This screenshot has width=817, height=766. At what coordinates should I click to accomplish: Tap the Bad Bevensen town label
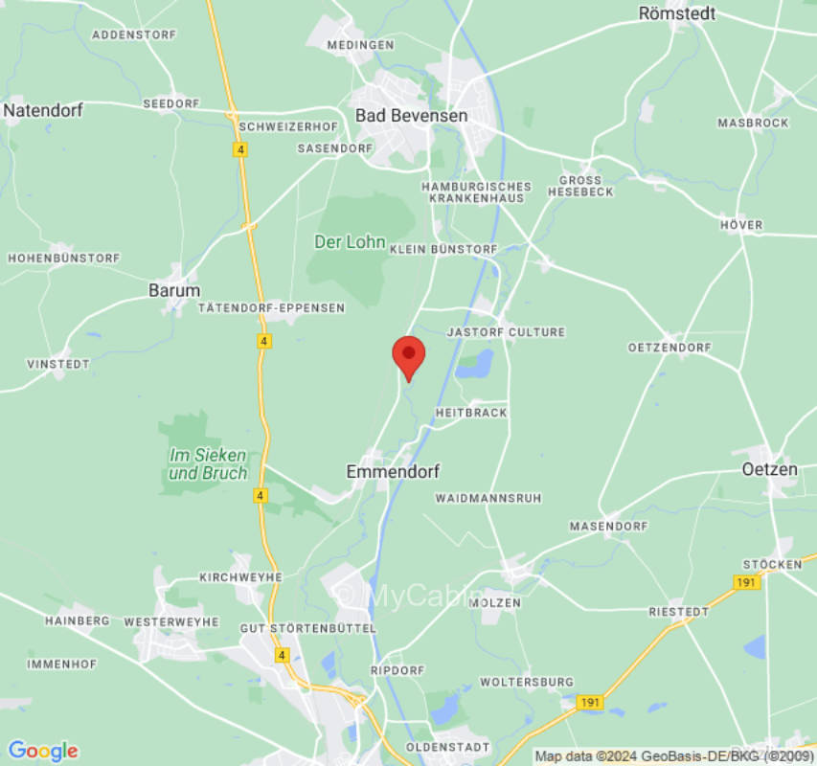pos(412,115)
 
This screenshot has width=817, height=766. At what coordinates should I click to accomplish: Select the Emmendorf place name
pos(393,471)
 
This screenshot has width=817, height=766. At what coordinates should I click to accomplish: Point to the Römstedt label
pos(677,13)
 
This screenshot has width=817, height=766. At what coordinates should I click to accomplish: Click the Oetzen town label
pos(770,469)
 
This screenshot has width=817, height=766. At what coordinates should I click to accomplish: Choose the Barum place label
pos(174,290)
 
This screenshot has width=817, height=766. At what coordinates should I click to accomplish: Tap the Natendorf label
pos(43,110)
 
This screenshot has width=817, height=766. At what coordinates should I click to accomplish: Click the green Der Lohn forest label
pos(350,242)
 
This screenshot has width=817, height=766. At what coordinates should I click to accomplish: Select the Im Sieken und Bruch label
pos(208,464)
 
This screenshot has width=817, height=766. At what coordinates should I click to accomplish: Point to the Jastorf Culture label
pos(507,332)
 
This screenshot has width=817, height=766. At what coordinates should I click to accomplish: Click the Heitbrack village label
pos(471,413)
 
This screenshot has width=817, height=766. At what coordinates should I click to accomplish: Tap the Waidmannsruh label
pos(488,498)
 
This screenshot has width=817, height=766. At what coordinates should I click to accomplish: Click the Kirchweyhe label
pos(240,577)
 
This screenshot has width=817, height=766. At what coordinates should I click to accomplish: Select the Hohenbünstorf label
pos(64,259)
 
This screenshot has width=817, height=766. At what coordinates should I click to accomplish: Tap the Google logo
pos(42,751)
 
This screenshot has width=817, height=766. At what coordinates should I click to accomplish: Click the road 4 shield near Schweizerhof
pos(239,149)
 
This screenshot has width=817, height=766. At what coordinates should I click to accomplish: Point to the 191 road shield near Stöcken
pos(747,582)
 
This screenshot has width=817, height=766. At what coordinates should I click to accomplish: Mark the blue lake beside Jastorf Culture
pos(475,364)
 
